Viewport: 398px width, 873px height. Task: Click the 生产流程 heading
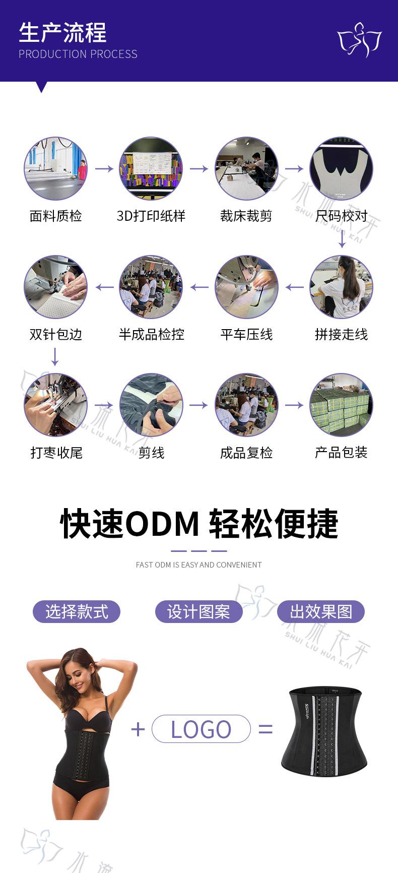click(62, 33)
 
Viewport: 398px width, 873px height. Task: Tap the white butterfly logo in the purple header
click(359, 39)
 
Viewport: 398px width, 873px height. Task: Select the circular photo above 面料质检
click(55, 168)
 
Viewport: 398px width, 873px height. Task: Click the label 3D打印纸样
click(151, 216)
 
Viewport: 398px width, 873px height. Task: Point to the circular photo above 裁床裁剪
click(246, 168)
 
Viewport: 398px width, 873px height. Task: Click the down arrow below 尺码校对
click(342, 239)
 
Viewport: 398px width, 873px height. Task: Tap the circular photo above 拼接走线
click(341, 287)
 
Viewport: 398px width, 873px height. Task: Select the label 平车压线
click(246, 335)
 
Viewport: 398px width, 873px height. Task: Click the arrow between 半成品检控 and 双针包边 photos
click(104, 287)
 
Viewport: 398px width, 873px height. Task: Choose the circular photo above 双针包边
click(55, 287)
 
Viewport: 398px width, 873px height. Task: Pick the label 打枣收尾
click(56, 453)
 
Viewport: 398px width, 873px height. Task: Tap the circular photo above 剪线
click(151, 405)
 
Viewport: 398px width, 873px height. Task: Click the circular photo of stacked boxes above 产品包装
click(341, 405)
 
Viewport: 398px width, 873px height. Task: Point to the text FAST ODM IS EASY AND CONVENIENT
click(198, 565)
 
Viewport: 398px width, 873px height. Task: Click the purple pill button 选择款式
click(77, 612)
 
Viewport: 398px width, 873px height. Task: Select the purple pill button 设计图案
click(198, 612)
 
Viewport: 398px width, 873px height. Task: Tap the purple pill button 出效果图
click(321, 612)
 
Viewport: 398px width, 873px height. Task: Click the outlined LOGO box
click(201, 729)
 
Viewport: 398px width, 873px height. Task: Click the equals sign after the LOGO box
click(266, 729)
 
